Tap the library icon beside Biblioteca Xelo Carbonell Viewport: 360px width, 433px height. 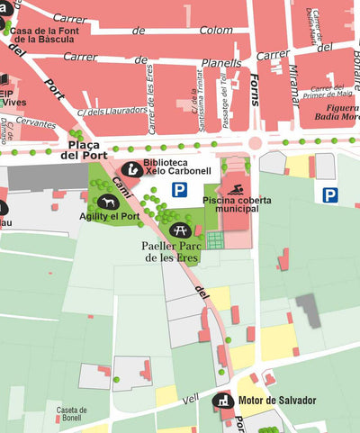coord(130,169)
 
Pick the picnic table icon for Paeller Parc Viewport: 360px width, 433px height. coord(179,230)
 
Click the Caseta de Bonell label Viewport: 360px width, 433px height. coord(71,414)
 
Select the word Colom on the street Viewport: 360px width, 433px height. coord(216,30)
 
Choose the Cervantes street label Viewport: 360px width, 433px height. coord(37,123)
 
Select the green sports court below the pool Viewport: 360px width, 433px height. coord(213,239)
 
